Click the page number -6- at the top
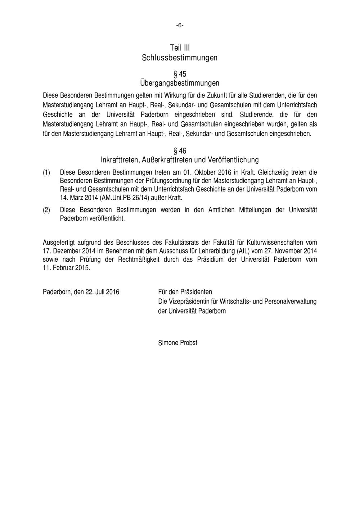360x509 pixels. coord(180,25)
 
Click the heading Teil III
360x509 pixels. coord(180,48)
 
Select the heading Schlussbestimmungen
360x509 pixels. coord(180,58)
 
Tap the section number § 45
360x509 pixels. coord(180,74)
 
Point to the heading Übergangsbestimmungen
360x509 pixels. coord(180,83)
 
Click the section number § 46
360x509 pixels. coord(180,150)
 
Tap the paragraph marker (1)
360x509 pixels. coord(46,173)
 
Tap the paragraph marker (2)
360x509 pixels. coord(46,210)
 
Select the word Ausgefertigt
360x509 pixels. coord(59,243)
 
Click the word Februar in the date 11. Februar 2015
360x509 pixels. coord(63,268)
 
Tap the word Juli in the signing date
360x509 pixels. coord(101,292)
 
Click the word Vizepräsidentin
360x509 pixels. coord(189,301)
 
